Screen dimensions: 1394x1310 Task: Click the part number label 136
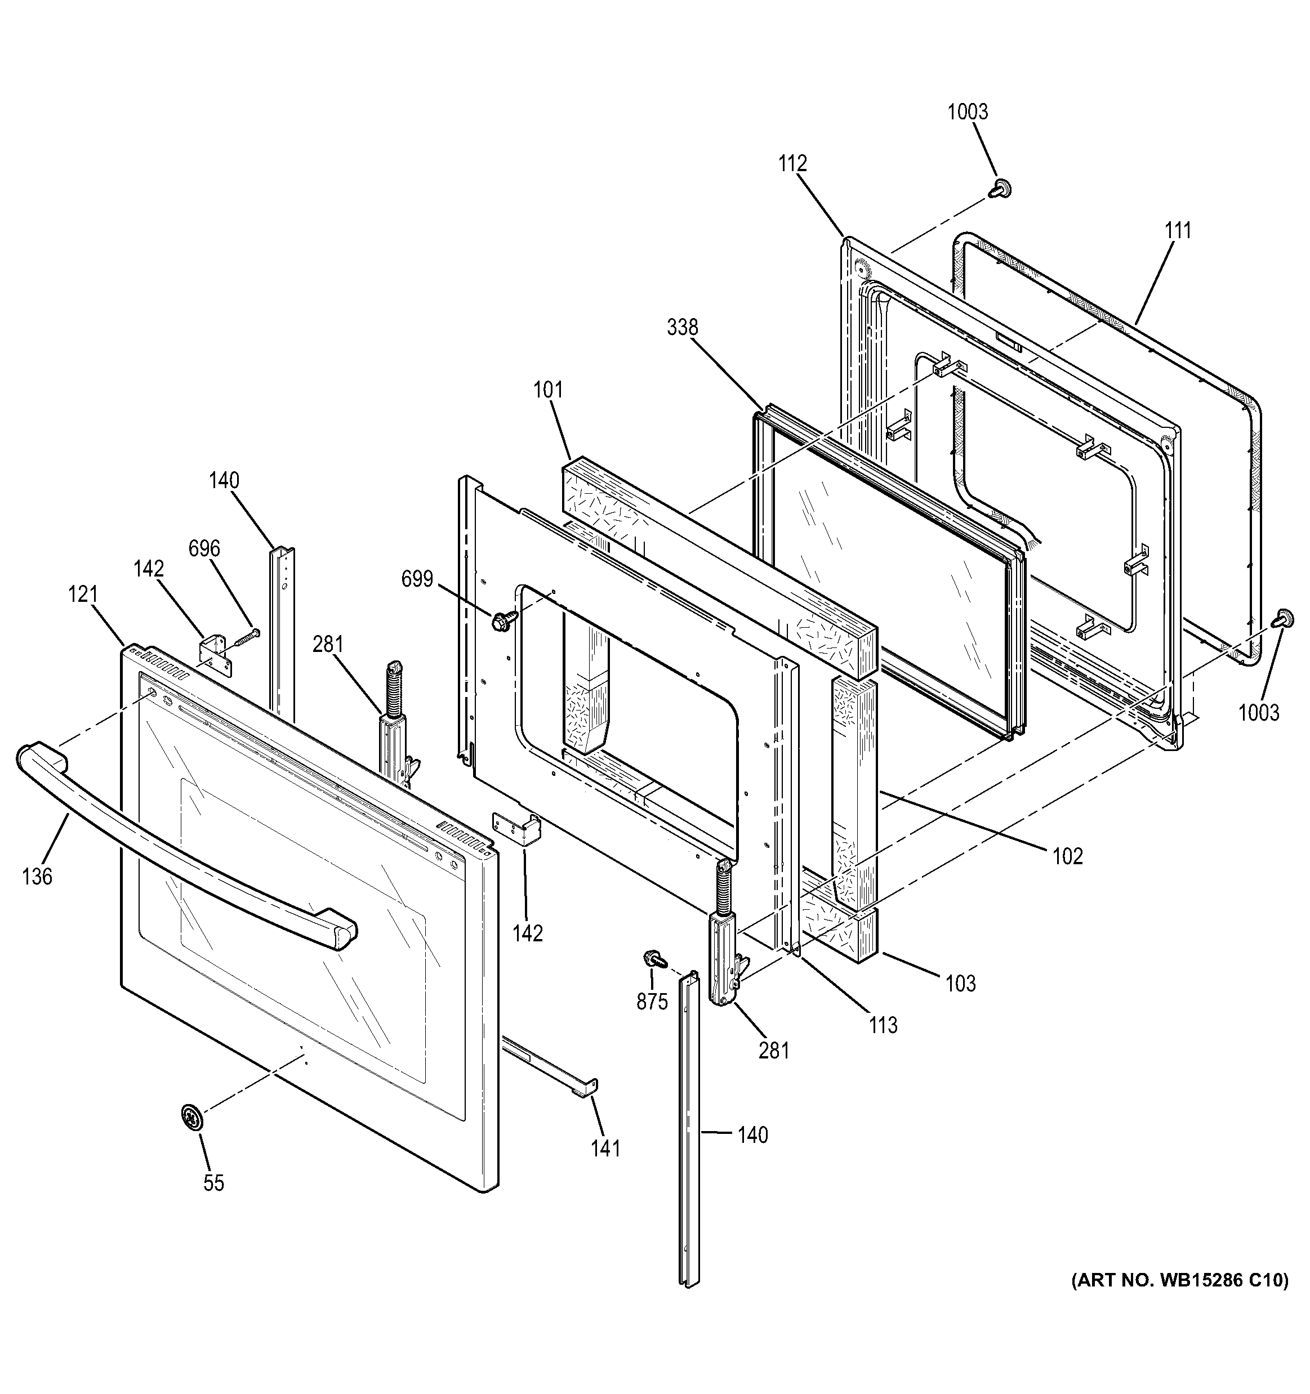(37, 877)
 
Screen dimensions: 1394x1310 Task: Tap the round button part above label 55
(191, 1116)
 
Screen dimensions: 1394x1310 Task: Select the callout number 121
(83, 595)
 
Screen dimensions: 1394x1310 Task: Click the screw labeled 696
(246, 636)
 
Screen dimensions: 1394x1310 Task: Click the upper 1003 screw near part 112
(1001, 188)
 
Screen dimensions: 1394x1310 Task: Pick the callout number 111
(1178, 230)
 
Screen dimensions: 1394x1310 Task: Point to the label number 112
(792, 163)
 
